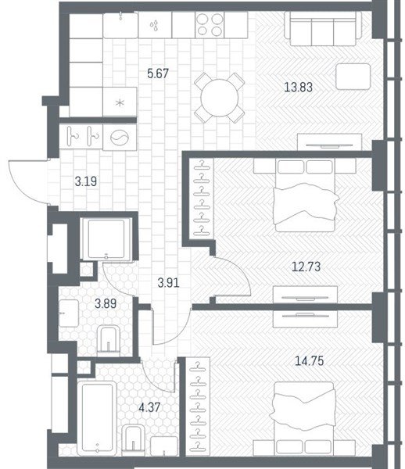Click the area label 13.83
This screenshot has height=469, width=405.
pyautogui.click(x=298, y=88)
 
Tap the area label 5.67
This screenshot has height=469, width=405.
pyautogui.click(x=158, y=73)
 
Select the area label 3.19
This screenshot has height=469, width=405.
pyautogui.click(x=86, y=181)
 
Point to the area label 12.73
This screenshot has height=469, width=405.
pyautogui.click(x=306, y=267)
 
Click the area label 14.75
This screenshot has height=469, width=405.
pyautogui.click(x=310, y=360)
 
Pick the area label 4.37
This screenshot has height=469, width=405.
pyautogui.click(x=149, y=407)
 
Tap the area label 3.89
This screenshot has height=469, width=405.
pyautogui.click(x=106, y=303)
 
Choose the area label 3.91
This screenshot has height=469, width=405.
pyautogui.click(x=169, y=283)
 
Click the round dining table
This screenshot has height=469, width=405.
pyautogui.click(x=220, y=98)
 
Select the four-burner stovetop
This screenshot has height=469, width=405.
pyautogui.click(x=210, y=25)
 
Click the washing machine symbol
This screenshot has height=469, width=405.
pyautogui.click(x=120, y=138)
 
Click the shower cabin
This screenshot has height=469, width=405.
pyautogui.click(x=106, y=238)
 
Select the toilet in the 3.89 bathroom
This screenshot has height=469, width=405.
pyautogui.click(x=108, y=341)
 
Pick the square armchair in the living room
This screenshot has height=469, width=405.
pyautogui.click(x=353, y=77)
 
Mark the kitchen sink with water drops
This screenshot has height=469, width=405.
pyautogui.click(x=155, y=25)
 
